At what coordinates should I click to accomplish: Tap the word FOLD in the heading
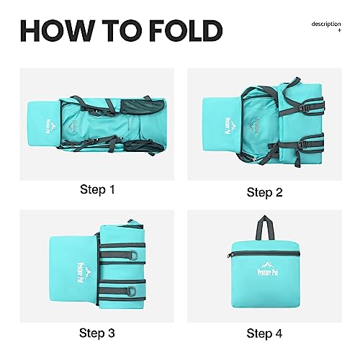pyautogui.click(x=186, y=31)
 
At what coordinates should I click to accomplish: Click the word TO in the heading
pyautogui.click(x=122, y=31)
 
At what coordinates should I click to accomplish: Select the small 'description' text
pyautogui.click(x=326, y=24)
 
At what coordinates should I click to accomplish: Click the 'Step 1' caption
pyautogui.click(x=97, y=189)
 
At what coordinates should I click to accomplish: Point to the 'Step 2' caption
pyautogui.click(x=264, y=192)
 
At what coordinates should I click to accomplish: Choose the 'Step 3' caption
pyautogui.click(x=97, y=333)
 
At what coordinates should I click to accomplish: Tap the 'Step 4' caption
pyautogui.click(x=264, y=333)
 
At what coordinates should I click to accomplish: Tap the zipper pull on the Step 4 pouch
pyautogui.click(x=230, y=256)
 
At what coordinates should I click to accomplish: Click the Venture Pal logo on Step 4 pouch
pyautogui.click(x=268, y=269)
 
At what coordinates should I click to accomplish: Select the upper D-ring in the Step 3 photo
pyautogui.click(x=134, y=255)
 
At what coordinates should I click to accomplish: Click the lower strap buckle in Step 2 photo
pyautogui.click(x=302, y=145)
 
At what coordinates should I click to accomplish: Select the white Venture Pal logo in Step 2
pyautogui.click(x=229, y=125)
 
